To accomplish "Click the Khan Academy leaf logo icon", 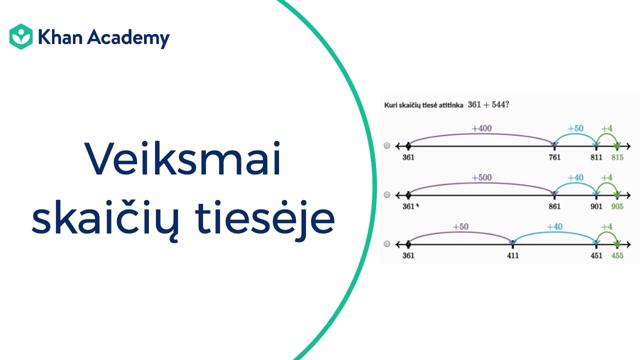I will coord(21,36).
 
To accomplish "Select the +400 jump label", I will coord(481,128).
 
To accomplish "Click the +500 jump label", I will coord(481,177).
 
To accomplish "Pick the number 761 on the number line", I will coord(554,157).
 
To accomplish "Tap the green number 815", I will coord(617,157).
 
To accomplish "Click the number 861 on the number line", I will coord(554,206).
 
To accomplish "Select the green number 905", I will coord(617,206).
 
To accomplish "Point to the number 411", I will coord(512,255).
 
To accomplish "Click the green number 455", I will coord(617,255).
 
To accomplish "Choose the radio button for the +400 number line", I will coord(387,145).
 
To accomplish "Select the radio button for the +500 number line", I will coord(387,194).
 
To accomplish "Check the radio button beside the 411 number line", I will coord(387,244).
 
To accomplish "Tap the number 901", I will coord(596,206).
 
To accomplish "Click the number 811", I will coord(596,157).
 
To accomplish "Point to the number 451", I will coord(596,255).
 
